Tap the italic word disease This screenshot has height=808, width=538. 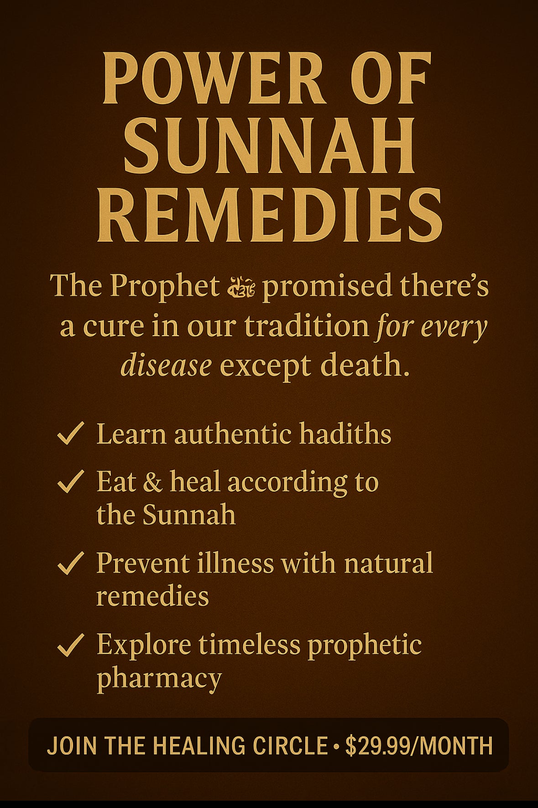click(x=166, y=366)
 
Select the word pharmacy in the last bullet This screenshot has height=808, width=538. click(x=159, y=679)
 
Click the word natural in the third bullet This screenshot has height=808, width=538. click(x=388, y=563)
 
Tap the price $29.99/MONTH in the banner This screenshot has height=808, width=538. click(x=419, y=746)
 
